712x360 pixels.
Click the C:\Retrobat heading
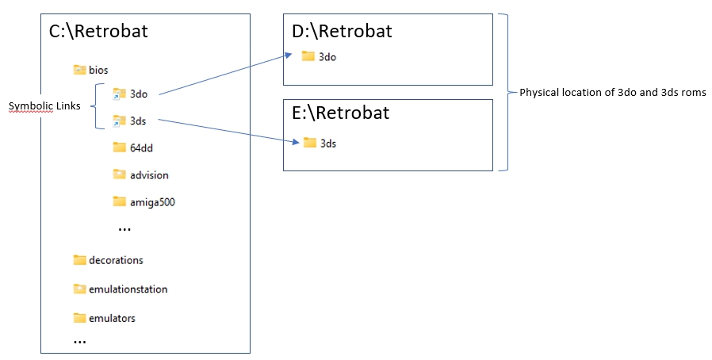(98, 32)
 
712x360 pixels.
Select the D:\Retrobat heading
(342, 32)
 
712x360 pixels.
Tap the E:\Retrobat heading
(341, 113)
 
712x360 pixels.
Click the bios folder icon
(79, 70)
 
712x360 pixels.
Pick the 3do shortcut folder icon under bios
(119, 94)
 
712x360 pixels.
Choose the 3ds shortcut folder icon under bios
(119, 121)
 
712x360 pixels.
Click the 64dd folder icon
(119, 147)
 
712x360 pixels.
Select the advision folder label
(149, 175)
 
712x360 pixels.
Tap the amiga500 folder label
(152, 202)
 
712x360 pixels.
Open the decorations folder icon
(79, 259)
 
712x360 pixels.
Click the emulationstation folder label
(128, 289)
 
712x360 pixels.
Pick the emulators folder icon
(79, 318)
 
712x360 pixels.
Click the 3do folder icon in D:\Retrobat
(308, 56)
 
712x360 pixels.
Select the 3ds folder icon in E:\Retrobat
(310, 142)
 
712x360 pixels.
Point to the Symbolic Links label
(44, 106)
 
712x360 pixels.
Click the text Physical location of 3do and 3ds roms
(613, 93)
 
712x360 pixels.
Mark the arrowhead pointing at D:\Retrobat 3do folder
(289, 56)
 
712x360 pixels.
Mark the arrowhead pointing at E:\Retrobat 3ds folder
(296, 142)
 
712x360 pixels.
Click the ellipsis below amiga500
(124, 229)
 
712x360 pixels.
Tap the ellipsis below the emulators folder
(79, 342)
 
